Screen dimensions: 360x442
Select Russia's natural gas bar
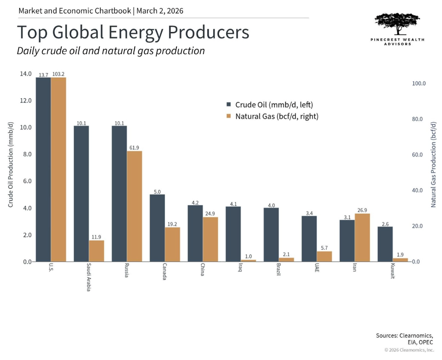coord(134,206)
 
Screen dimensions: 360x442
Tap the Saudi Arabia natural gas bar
coord(96,251)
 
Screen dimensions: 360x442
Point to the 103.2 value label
coord(59,74)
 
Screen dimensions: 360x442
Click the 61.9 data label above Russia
coord(134,148)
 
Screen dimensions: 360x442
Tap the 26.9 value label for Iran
coord(362,210)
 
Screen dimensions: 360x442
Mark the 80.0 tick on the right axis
coord(419,119)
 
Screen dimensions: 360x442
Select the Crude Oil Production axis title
coord(11,164)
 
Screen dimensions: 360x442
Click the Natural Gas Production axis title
coord(433,164)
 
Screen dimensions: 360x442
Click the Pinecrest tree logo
coord(397,24)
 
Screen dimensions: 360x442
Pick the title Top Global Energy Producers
coord(133,32)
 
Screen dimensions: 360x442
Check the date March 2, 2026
coord(160,11)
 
